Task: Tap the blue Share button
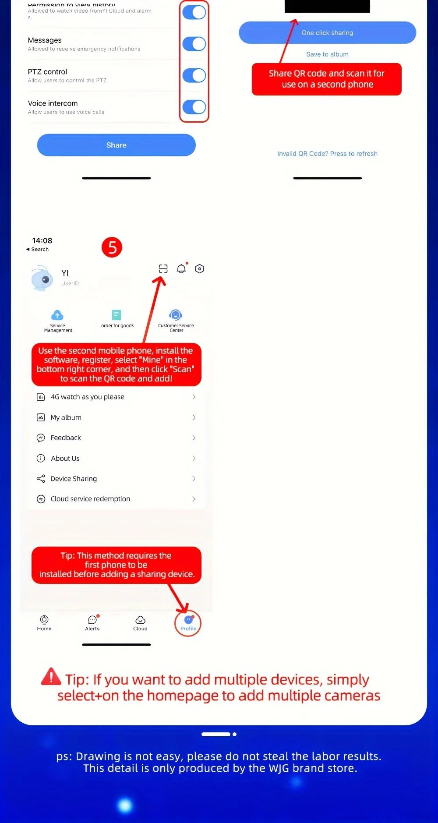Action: [116, 145]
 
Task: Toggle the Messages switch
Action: [194, 44]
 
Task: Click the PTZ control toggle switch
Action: [194, 75]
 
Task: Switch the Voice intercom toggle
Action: [194, 107]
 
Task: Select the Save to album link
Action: [327, 54]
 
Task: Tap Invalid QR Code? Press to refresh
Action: [327, 154]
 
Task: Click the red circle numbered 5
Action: [112, 247]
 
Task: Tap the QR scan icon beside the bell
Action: [163, 268]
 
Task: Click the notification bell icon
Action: [181, 268]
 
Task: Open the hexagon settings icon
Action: [199, 268]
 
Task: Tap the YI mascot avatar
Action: [42, 278]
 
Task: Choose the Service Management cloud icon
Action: [57, 315]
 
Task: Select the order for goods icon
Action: [117, 315]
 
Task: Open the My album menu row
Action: [116, 417]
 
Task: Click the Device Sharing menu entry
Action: [116, 479]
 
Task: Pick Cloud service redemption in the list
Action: [116, 499]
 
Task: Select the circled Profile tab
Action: [188, 623]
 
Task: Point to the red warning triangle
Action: [51, 677]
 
